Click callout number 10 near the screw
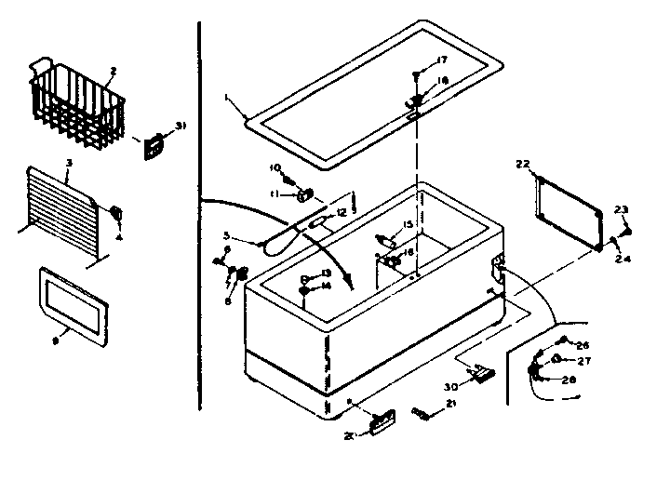click(275, 167)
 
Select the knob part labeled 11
click(304, 194)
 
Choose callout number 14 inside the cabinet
click(326, 287)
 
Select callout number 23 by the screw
click(623, 208)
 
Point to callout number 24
click(623, 260)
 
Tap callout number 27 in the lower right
click(584, 361)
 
